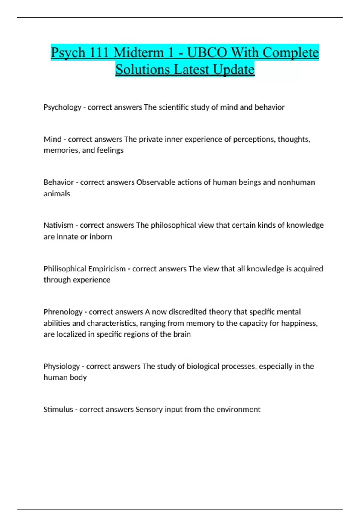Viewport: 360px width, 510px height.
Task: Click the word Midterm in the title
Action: (x=139, y=52)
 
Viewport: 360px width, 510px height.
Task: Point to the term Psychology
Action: (x=62, y=107)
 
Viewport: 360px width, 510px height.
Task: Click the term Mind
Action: (x=52, y=139)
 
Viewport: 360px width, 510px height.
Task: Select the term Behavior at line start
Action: (x=58, y=182)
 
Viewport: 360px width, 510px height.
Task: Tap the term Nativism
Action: (x=58, y=225)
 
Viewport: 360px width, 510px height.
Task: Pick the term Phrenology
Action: (x=63, y=312)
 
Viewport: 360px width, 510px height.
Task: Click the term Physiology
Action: (x=62, y=366)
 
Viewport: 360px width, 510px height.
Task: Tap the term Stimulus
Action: (x=58, y=409)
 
